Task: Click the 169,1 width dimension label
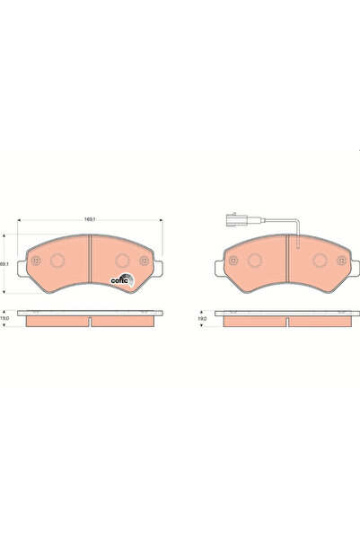click(90, 217)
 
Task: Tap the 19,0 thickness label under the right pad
click(203, 319)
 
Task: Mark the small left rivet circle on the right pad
click(233, 262)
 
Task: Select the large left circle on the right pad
click(255, 262)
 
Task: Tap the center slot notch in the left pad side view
click(91, 318)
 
